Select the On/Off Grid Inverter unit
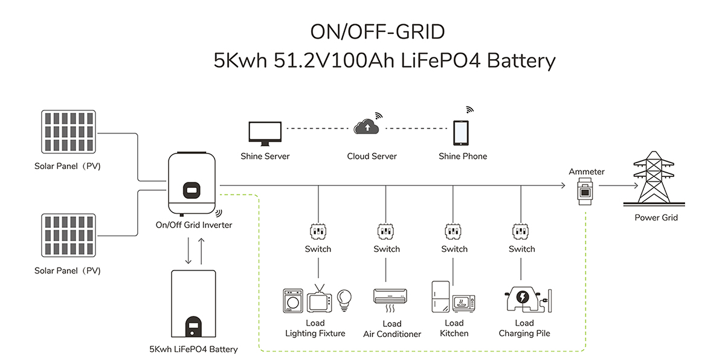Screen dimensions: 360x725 pos(193,184)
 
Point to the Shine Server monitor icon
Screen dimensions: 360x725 pos(265,133)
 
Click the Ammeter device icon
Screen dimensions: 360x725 pos(585,191)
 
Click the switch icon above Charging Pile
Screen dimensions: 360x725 pos(521,231)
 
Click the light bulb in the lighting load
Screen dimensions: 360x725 pos(344,298)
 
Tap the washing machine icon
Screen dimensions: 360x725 pos(293,301)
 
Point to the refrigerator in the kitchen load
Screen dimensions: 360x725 pos(440,296)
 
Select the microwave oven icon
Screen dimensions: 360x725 pos(464,303)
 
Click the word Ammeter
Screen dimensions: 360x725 pos(586,172)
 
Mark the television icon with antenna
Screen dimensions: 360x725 pos(319,299)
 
